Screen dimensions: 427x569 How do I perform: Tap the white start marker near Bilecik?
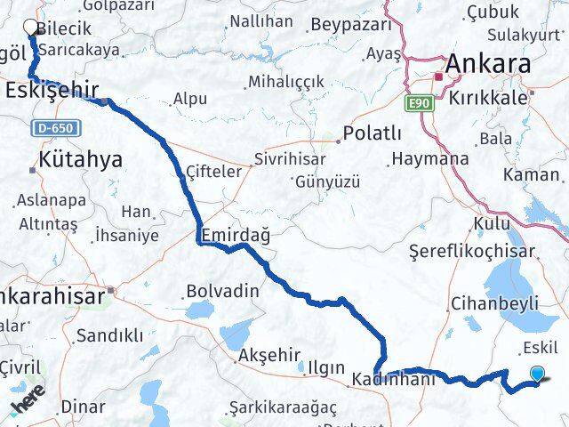click(x=31, y=27)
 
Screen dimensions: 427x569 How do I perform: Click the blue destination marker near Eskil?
click(x=537, y=375)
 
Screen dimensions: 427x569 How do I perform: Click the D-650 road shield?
click(x=54, y=128)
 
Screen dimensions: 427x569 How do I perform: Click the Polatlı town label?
click(x=374, y=134)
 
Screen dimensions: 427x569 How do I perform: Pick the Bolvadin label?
click(x=222, y=291)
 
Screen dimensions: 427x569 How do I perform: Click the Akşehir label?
click(x=269, y=355)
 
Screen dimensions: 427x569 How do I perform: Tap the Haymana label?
click(x=429, y=159)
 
